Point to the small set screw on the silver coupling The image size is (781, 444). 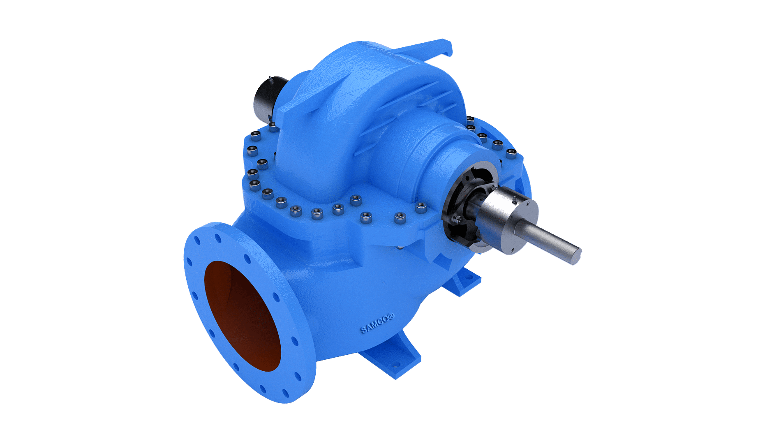514,200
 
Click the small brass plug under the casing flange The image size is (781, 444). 399,247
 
